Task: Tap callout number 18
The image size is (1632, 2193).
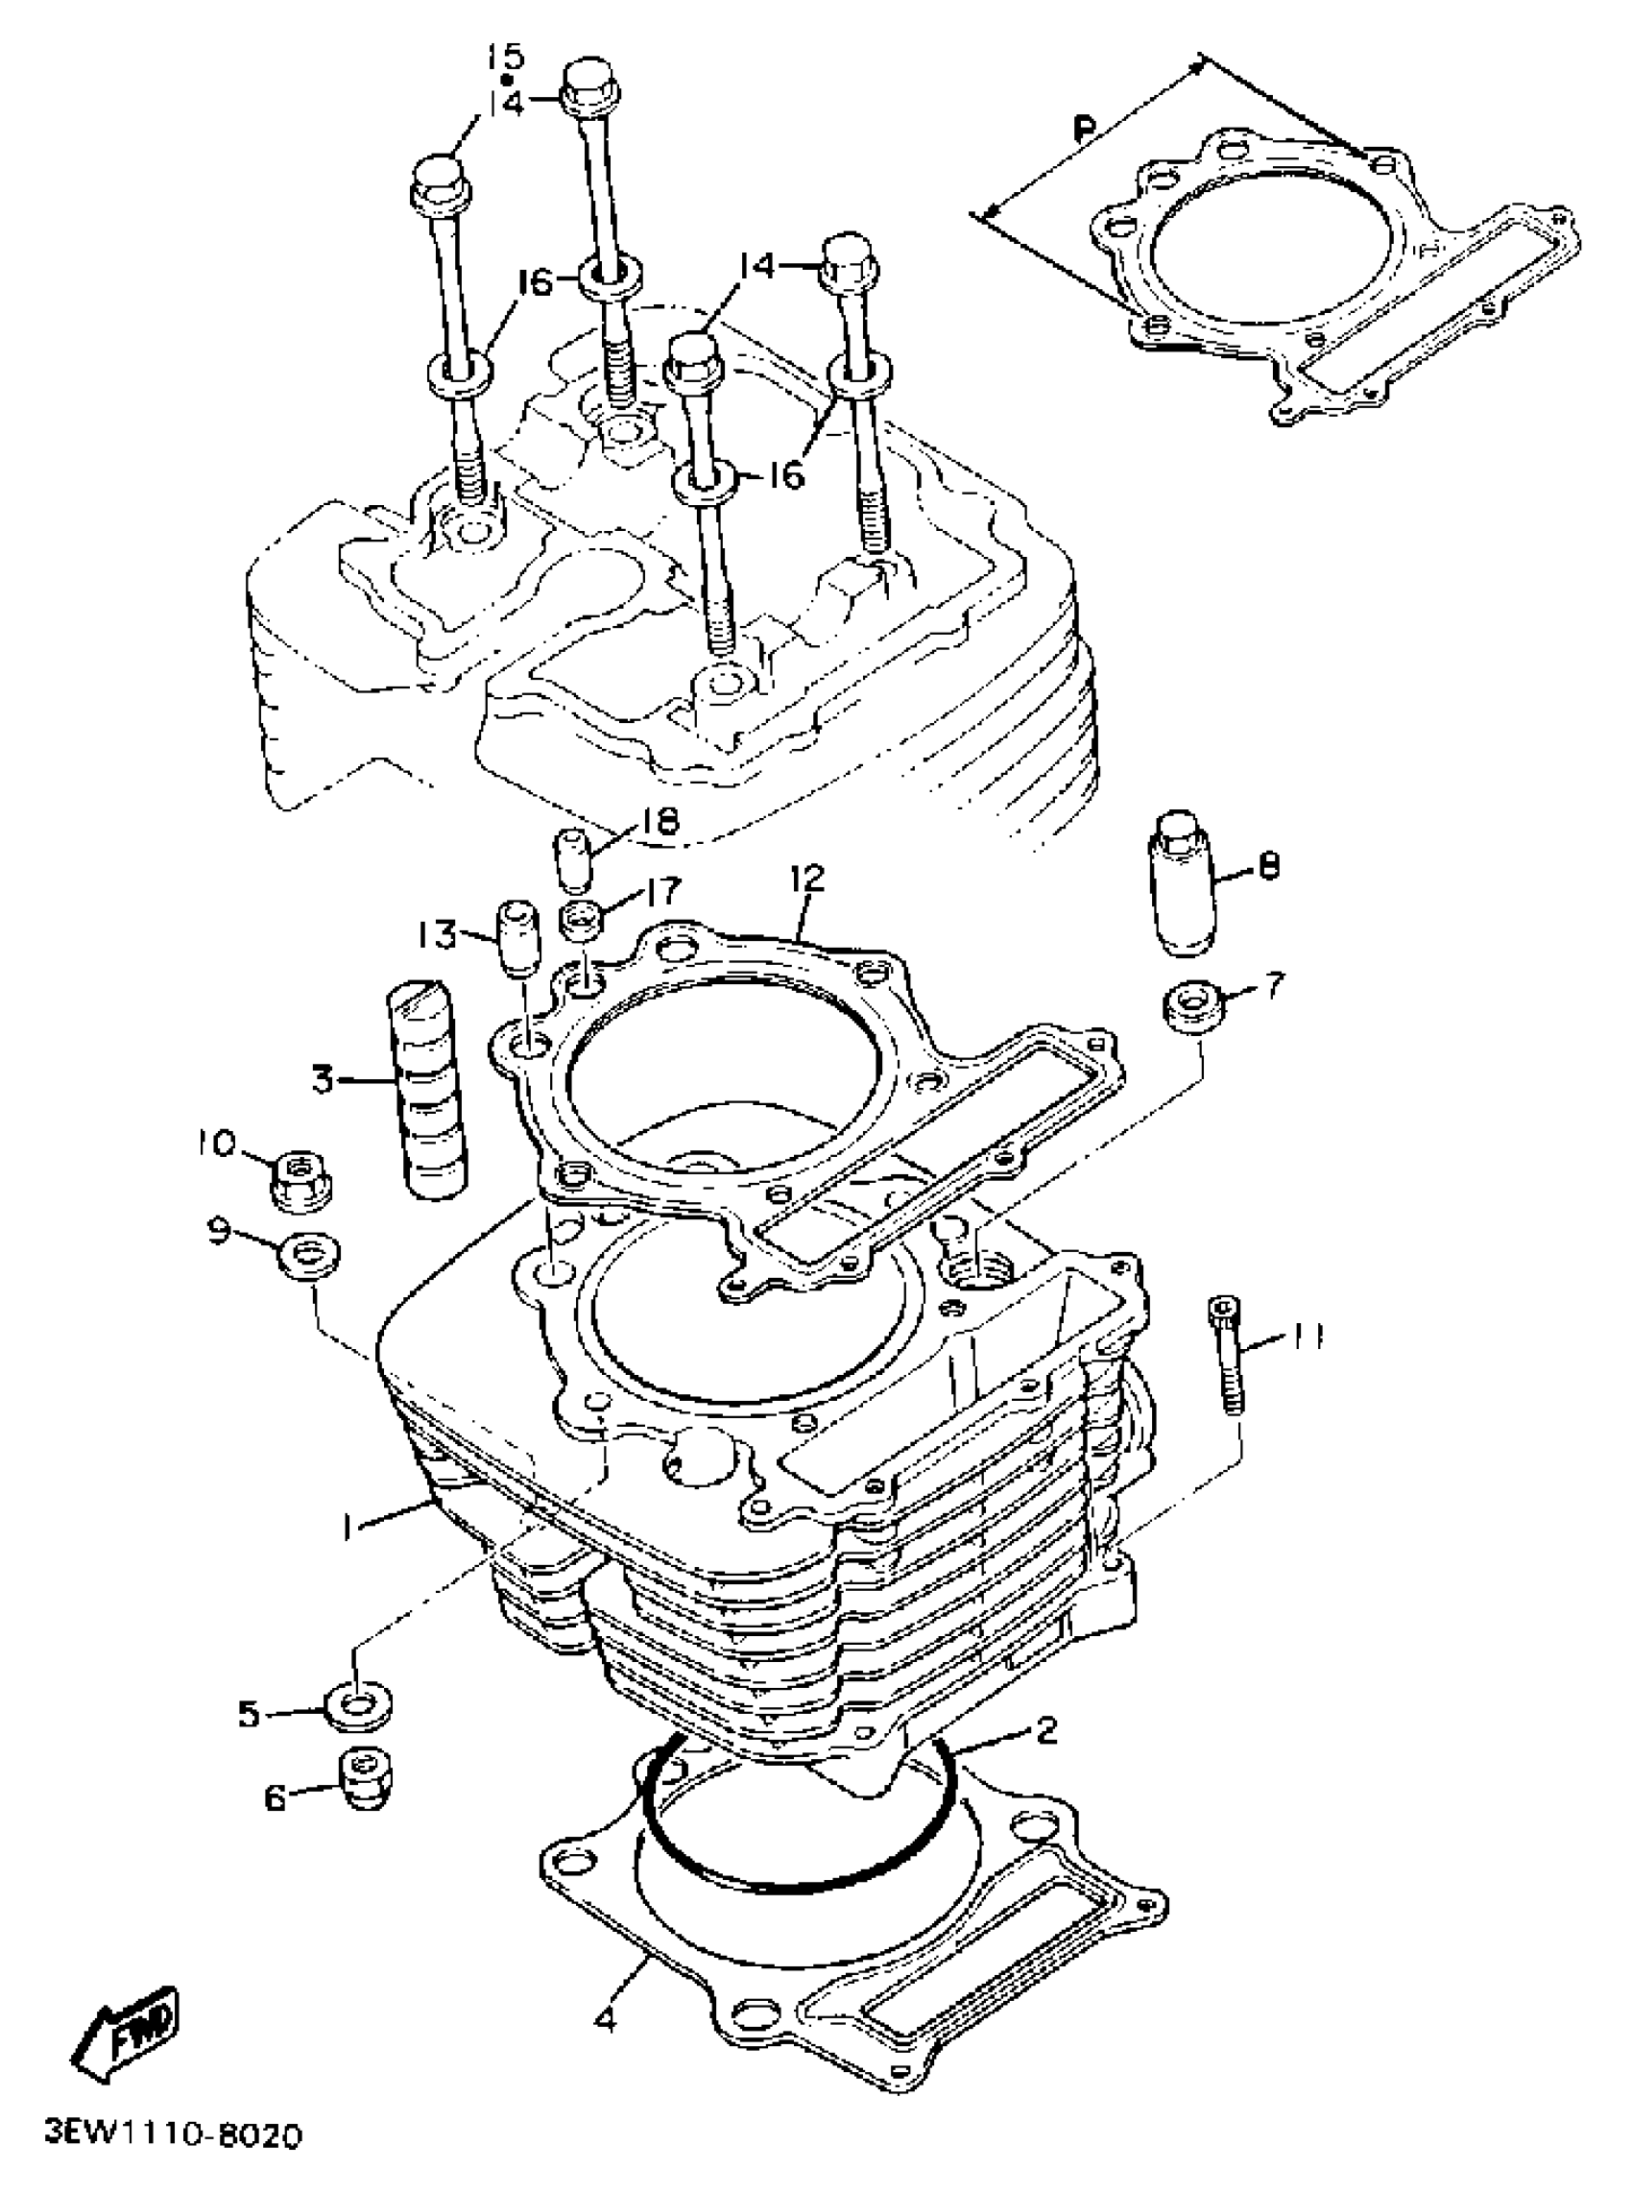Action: point(660,822)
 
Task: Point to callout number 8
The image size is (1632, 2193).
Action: point(1268,866)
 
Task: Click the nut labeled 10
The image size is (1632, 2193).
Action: point(300,1178)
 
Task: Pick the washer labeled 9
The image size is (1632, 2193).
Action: point(311,1258)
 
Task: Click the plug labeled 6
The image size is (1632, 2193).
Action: point(366,1781)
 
